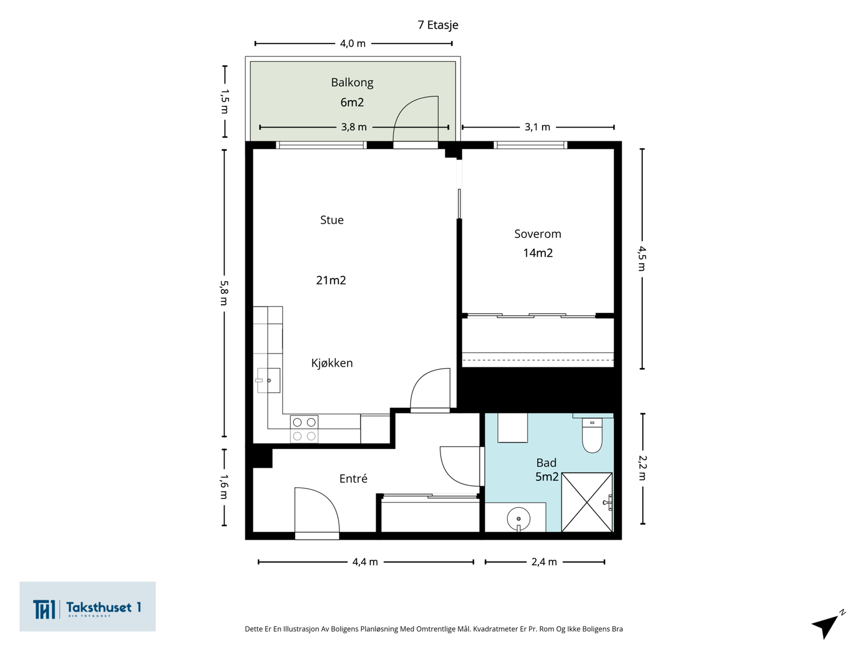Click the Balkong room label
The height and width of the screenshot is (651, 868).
click(x=352, y=82)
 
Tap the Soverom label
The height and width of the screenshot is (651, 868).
click(x=538, y=234)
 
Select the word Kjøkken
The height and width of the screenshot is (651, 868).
click(x=332, y=363)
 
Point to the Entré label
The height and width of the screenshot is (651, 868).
click(x=353, y=478)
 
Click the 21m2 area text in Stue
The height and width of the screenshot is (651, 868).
click(x=331, y=280)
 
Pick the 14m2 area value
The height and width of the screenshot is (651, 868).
click(x=538, y=253)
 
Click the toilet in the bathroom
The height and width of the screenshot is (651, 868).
click(x=592, y=435)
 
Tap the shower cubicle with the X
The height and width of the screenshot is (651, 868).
click(x=587, y=502)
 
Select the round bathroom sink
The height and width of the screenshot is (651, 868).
click(x=519, y=519)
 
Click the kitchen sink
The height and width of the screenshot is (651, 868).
click(x=269, y=380)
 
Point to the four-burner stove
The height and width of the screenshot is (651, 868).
click(x=304, y=429)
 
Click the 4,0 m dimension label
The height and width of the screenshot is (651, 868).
click(x=353, y=43)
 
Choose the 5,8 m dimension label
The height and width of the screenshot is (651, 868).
click(x=224, y=293)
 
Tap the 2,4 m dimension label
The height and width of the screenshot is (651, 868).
click(x=544, y=561)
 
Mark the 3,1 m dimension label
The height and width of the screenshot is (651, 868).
click(x=538, y=127)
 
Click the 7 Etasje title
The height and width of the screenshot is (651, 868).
click(x=438, y=25)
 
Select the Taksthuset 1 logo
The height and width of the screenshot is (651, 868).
click(x=87, y=607)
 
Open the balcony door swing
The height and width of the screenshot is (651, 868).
click(x=416, y=119)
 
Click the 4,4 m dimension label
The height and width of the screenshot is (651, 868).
click(x=365, y=561)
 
